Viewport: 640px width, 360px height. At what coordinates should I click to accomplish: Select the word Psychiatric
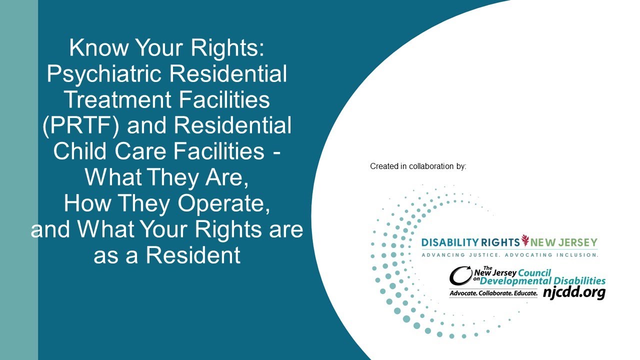106,74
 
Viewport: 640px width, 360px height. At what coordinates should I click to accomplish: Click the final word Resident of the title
193,256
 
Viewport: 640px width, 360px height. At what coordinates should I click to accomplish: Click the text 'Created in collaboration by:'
418,166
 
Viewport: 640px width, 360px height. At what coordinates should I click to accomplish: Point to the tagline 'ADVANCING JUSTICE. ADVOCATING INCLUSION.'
509,255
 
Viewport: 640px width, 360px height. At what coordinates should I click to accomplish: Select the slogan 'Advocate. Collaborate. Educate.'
493,293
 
